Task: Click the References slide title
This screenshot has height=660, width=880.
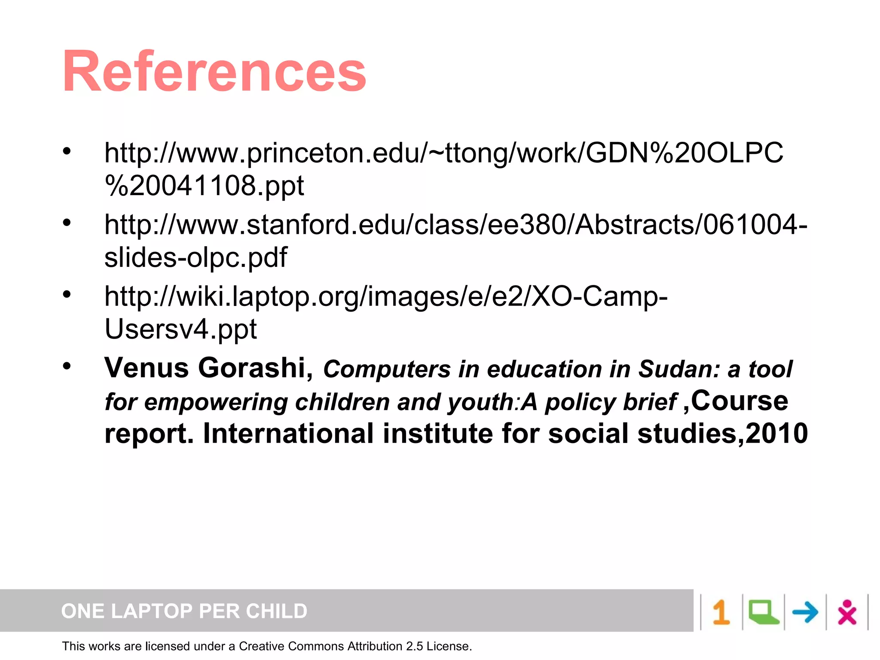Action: pos(214,72)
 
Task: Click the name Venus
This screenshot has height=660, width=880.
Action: pos(147,368)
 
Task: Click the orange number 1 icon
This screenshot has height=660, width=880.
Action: pos(721,612)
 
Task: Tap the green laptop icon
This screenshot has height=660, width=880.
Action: pos(763,612)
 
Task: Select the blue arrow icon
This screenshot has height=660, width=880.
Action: pos(805,612)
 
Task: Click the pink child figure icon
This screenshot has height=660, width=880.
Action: pos(846,612)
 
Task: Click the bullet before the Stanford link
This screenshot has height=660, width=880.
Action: pos(67,223)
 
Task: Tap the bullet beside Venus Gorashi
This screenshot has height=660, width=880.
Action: pos(67,366)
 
